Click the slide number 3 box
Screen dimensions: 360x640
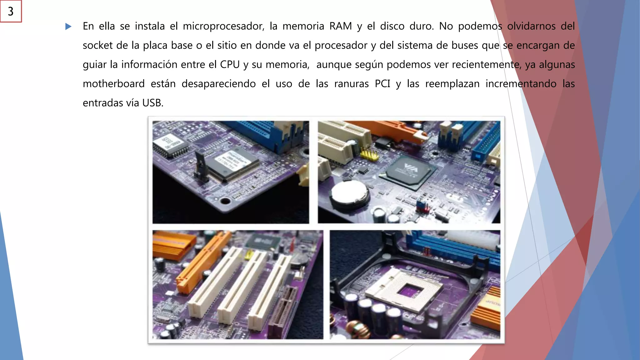pyautogui.click(x=11, y=11)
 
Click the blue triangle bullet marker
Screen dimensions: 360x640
pyautogui.click(x=68, y=27)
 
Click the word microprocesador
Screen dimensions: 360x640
pyautogui.click(x=223, y=26)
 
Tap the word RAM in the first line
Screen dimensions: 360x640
pyautogui.click(x=340, y=26)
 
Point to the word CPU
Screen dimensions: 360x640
pyautogui.click(x=230, y=65)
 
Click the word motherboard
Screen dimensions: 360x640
pyautogui.click(x=113, y=84)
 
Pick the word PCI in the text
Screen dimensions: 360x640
pyautogui.click(x=382, y=84)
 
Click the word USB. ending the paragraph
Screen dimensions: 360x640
pyautogui.click(x=153, y=103)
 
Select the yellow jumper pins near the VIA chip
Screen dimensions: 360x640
pyautogui.click(x=369, y=154)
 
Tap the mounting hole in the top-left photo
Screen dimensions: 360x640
pyautogui.click(x=225, y=201)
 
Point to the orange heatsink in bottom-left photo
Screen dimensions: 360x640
pyautogui.click(x=170, y=245)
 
